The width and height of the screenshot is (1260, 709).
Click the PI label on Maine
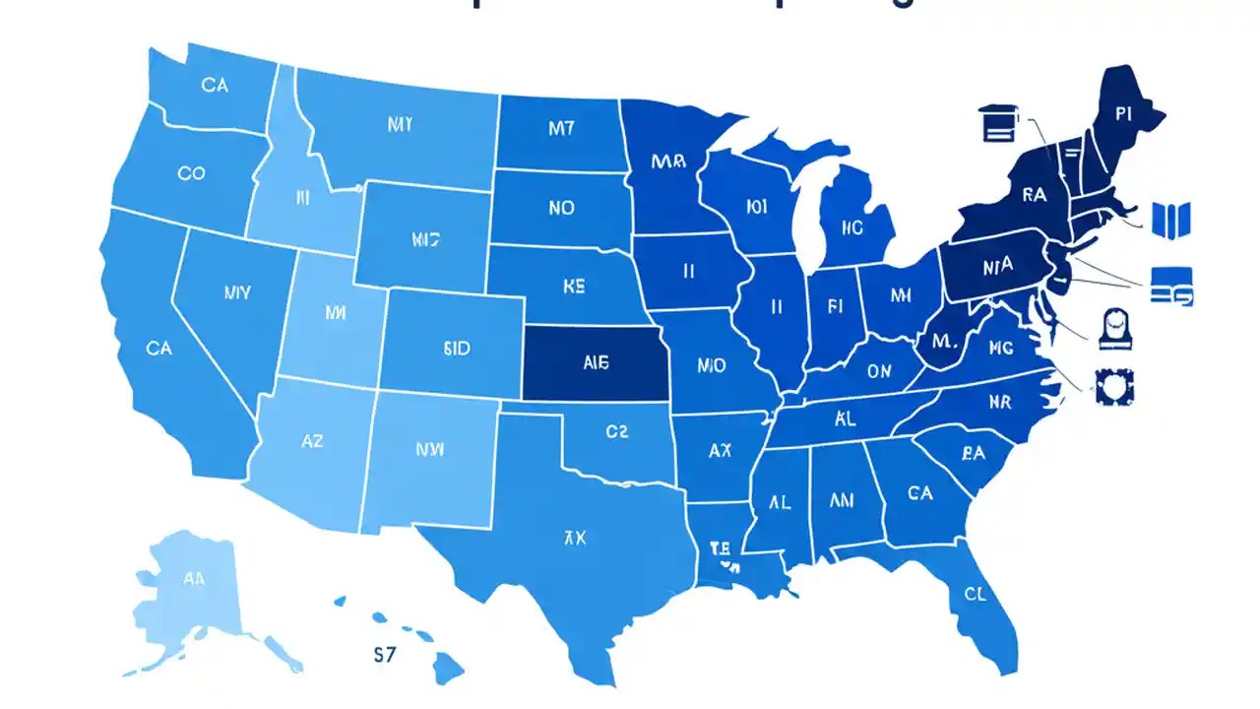tap(1125, 113)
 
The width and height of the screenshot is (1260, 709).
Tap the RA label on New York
tap(1034, 195)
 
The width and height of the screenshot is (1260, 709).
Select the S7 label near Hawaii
tap(385, 654)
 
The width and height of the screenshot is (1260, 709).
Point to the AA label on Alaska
tap(194, 579)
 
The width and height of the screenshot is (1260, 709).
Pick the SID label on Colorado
tap(457, 349)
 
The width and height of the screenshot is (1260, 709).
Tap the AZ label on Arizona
tap(311, 442)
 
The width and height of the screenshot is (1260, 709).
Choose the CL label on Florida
tap(975, 594)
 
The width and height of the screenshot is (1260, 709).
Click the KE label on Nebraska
tap(574, 287)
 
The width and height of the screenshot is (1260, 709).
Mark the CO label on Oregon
tap(191, 173)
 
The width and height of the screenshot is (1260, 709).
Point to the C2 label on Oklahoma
tap(616, 430)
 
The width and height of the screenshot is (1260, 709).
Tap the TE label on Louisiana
tap(720, 548)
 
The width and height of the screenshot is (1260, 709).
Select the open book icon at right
tap(1171, 217)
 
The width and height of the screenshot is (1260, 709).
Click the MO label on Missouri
tap(711, 365)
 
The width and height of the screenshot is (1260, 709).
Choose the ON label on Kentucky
tap(879, 371)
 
